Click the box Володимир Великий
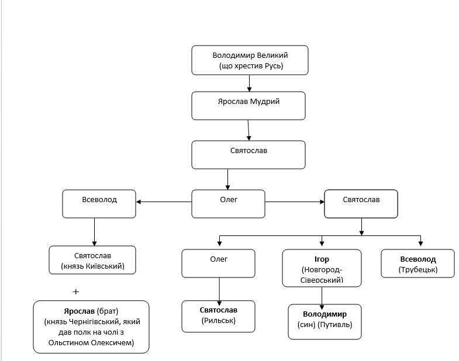[x=250, y=60]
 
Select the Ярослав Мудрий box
[x=249, y=106]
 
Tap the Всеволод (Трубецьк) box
[x=417, y=263]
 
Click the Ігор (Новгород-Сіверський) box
[x=322, y=268]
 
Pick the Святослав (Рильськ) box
[x=218, y=316]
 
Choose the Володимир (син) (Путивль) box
[x=325, y=322]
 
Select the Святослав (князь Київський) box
[x=92, y=260]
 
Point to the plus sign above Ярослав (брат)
[x=76, y=291]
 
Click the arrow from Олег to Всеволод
[x=164, y=202]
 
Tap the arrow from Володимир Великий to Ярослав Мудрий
[x=250, y=84]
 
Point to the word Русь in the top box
[x=274, y=66]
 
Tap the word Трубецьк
[x=417, y=270]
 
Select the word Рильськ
[x=218, y=321]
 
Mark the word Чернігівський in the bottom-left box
[x=94, y=322]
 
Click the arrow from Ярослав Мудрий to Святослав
[x=249, y=130]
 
